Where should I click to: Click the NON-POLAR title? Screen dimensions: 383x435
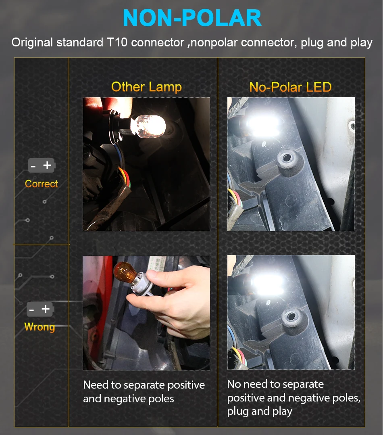click(x=192, y=18)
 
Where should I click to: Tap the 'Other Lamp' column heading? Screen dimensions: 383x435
click(x=147, y=87)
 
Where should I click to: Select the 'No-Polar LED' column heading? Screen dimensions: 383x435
click(x=290, y=87)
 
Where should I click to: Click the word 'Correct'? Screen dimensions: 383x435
click(x=41, y=184)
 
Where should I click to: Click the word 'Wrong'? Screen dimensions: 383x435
click(x=40, y=327)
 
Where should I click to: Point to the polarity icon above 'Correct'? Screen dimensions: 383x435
click(x=42, y=165)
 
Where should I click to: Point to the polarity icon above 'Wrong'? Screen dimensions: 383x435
click(x=40, y=309)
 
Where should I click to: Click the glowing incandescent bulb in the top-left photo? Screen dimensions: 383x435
click(x=148, y=126)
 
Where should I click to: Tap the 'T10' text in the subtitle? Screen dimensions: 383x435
click(x=117, y=42)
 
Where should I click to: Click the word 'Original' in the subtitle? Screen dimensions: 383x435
click(x=32, y=42)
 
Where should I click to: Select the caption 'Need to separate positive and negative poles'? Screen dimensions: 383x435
click(x=144, y=392)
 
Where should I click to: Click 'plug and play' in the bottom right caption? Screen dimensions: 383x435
click(x=260, y=412)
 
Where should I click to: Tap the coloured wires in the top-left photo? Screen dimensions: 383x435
click(x=124, y=176)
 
